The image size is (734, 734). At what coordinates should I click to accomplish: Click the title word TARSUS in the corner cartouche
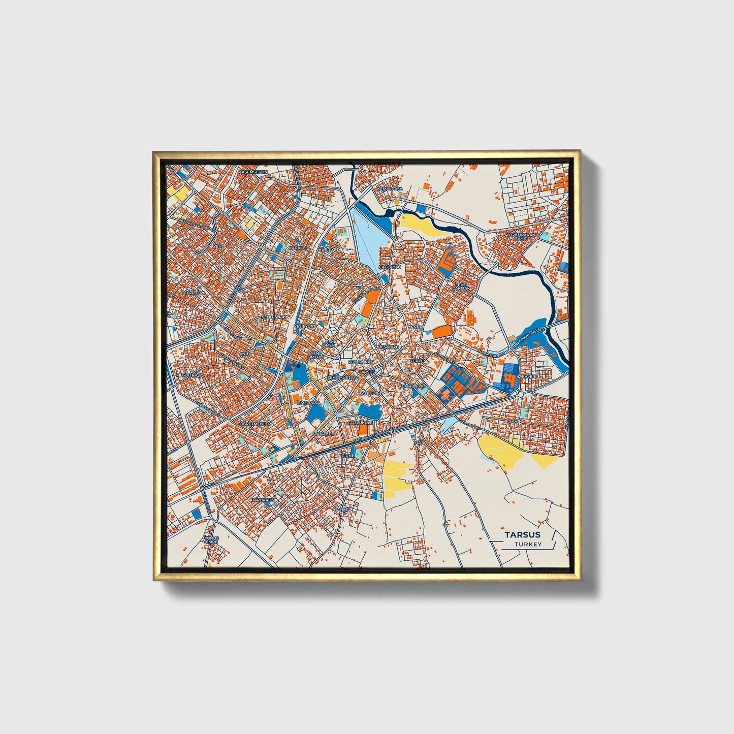coord(522,534)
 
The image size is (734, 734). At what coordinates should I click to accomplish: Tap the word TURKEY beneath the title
coord(528,544)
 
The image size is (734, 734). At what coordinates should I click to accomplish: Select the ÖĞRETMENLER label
coord(256,423)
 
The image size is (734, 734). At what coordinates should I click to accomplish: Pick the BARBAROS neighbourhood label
coord(263,500)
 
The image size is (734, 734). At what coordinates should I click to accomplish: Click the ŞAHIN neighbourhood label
coord(516,421)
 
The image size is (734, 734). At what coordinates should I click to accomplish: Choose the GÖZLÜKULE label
coord(360,422)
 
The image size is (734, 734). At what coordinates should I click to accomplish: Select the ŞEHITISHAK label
coord(273,316)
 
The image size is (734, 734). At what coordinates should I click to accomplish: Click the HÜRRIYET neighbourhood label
coord(328,250)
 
